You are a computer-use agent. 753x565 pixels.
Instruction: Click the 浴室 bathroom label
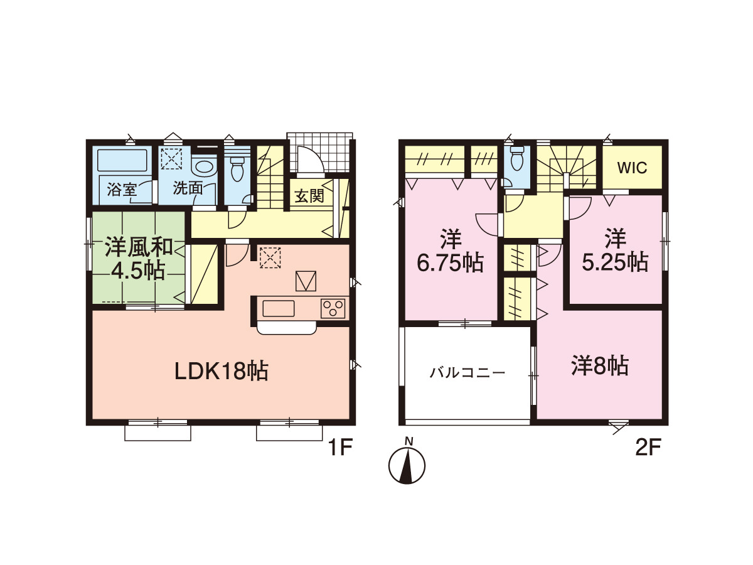pyautogui.click(x=122, y=189)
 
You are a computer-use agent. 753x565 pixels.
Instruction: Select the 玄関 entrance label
pyautogui.click(x=309, y=196)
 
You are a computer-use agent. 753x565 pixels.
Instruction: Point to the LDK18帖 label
pyautogui.click(x=222, y=371)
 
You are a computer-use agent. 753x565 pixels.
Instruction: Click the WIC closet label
pyautogui.click(x=633, y=168)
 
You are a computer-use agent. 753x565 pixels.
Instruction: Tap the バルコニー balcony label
pyautogui.click(x=467, y=372)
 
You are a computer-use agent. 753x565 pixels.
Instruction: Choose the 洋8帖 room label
pyautogui.click(x=600, y=366)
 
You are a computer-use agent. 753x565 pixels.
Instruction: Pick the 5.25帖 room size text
pyautogui.click(x=615, y=263)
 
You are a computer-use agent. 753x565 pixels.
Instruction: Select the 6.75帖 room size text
pyautogui.click(x=450, y=263)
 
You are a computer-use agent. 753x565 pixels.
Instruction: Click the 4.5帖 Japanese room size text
pyautogui.click(x=137, y=271)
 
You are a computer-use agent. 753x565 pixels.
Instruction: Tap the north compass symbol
pyautogui.click(x=407, y=465)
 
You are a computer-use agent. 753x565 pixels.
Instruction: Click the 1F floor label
pyautogui.click(x=340, y=448)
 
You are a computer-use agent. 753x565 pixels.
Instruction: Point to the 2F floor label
pyautogui.click(x=648, y=448)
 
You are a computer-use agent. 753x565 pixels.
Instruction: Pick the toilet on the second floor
pyautogui.click(x=517, y=158)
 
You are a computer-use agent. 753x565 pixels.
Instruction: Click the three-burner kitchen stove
pyautogui.click(x=333, y=308)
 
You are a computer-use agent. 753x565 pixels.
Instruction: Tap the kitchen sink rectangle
pyautogui.click(x=278, y=308)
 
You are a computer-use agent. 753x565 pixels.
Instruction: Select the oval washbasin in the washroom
pyautogui.click(x=205, y=169)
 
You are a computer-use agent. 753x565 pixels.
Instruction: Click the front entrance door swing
pyautogui.click(x=311, y=160)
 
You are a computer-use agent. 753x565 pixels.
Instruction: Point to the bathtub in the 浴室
pyautogui.click(x=124, y=159)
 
